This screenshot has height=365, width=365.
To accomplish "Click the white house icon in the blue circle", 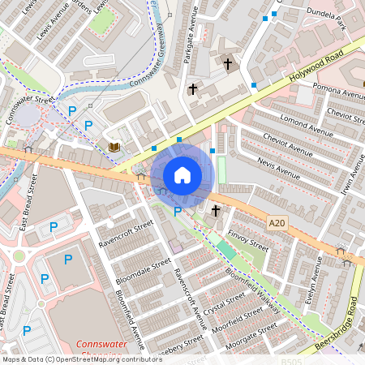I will (x=182, y=175).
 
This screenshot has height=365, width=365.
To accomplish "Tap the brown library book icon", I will (x=114, y=147).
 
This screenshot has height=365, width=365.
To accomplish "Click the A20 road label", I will (x=278, y=221).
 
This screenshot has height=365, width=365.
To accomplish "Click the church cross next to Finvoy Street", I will (x=216, y=211).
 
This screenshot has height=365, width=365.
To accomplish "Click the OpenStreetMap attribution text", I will (x=81, y=359).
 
